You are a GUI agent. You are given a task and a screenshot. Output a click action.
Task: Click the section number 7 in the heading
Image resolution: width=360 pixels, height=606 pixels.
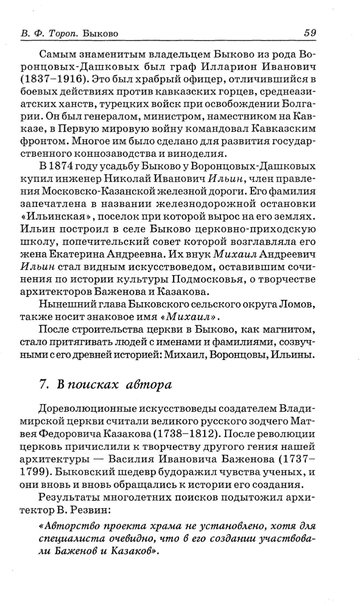click(x=43, y=384)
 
